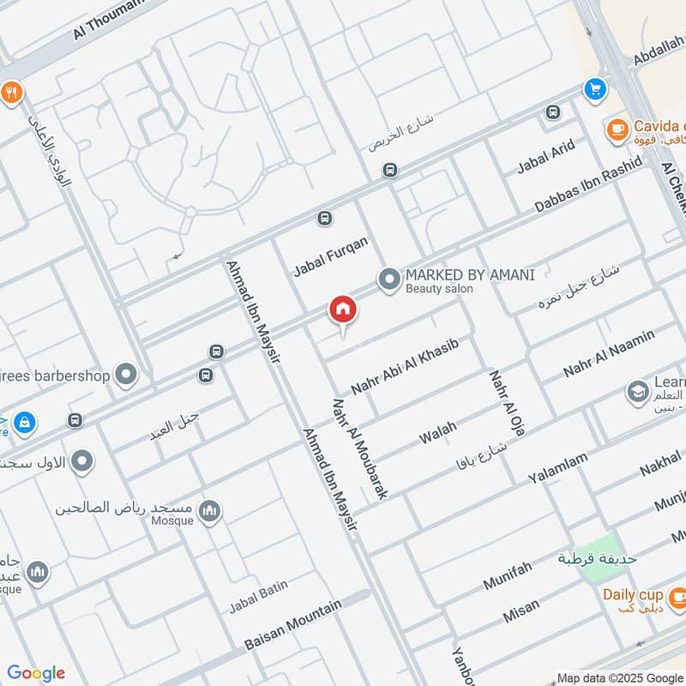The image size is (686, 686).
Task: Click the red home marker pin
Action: click(x=343, y=310)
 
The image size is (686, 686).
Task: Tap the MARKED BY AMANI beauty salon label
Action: click(x=469, y=275)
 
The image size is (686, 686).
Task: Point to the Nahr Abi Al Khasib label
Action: click(x=405, y=367)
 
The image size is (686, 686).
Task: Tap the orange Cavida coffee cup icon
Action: click(x=616, y=129)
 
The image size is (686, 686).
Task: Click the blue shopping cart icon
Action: click(x=594, y=88)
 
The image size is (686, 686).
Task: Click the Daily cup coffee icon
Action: click(x=677, y=595)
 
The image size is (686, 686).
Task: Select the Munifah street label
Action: click(x=508, y=574)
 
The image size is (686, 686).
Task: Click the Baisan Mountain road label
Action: click(x=292, y=623)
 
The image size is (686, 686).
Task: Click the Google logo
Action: click(x=36, y=673)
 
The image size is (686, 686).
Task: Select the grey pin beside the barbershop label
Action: click(x=127, y=375)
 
